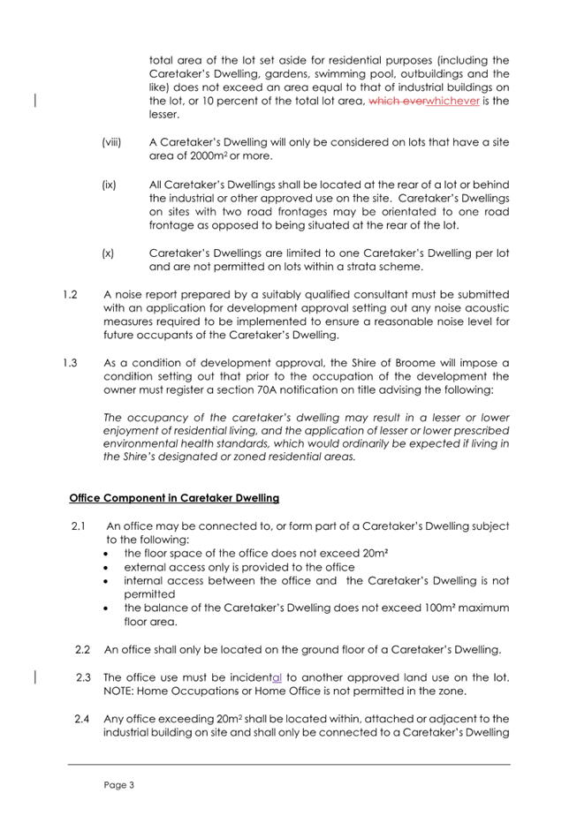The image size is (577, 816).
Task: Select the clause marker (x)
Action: pyautogui.click(x=109, y=253)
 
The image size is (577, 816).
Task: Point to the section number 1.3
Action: pyautogui.click(x=60, y=363)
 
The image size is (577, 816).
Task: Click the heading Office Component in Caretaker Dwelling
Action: pyautogui.click(x=174, y=498)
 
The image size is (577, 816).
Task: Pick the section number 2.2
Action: pyautogui.click(x=84, y=651)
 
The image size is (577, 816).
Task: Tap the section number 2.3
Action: pyautogui.click(x=84, y=678)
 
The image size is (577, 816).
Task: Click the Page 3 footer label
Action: pyautogui.click(x=118, y=783)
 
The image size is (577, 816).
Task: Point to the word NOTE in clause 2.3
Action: pyautogui.click(x=121, y=692)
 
